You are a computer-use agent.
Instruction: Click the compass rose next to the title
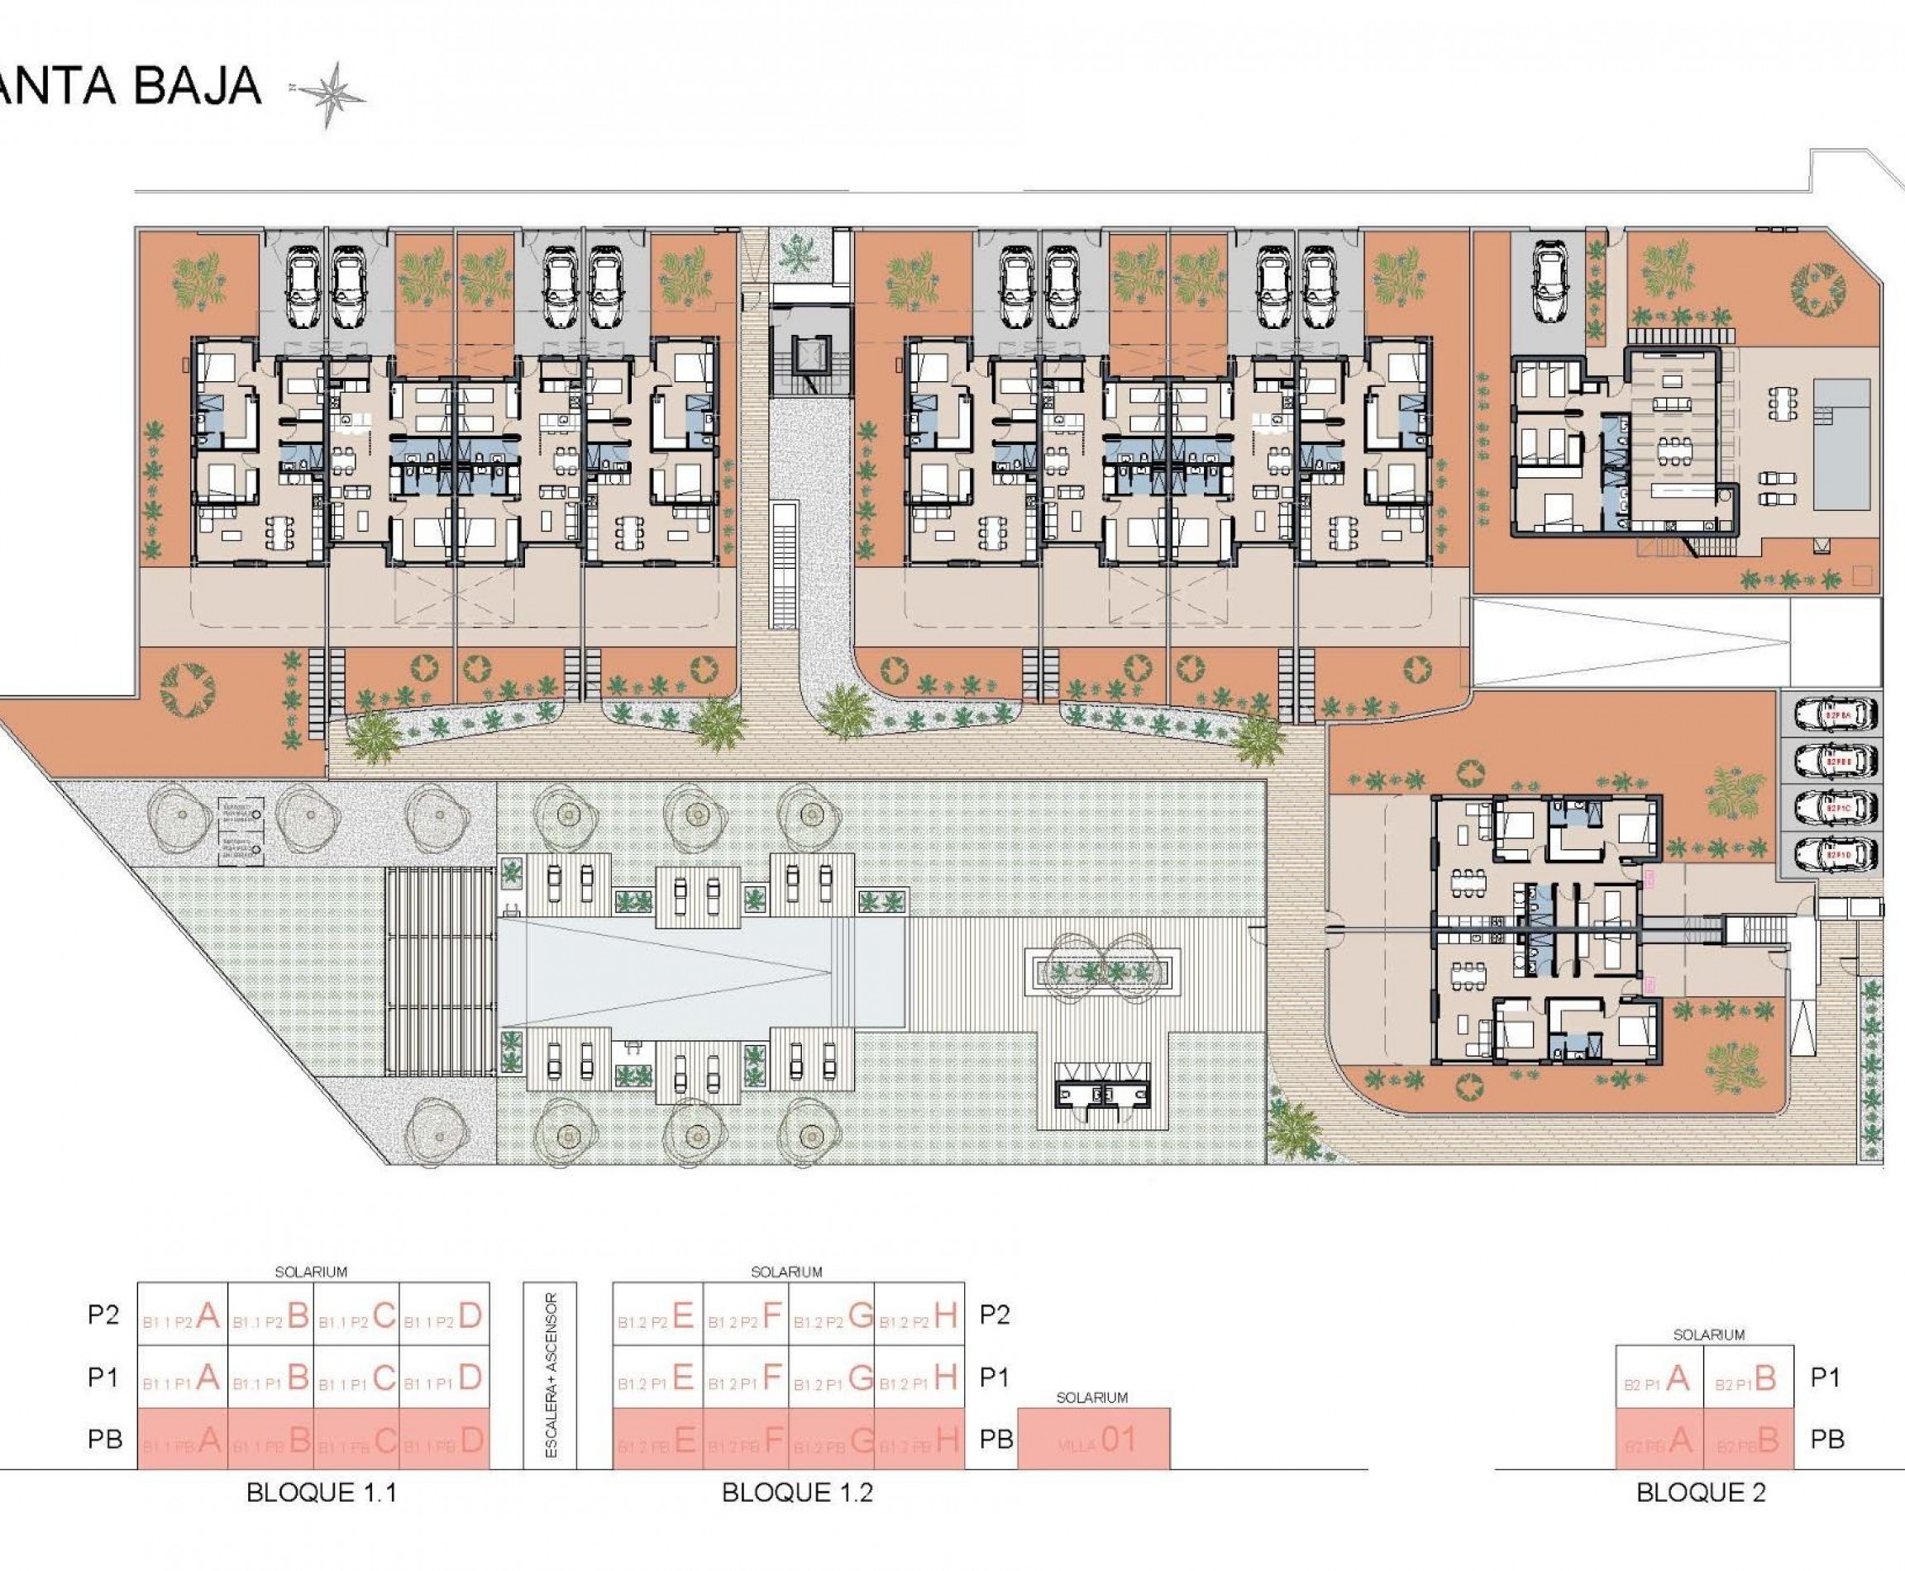[x=332, y=93]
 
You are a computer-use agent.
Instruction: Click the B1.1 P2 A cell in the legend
[x=182, y=1316]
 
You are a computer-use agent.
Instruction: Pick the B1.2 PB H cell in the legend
[x=920, y=1440]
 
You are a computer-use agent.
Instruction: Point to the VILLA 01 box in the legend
[x=1093, y=1440]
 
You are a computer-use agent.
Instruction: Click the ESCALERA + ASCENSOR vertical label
[x=550, y=1376]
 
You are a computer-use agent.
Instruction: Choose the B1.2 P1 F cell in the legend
[x=746, y=1378]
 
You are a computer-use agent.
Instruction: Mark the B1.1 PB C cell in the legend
[x=357, y=1440]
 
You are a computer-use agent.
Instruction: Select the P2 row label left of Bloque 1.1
[x=103, y=1314]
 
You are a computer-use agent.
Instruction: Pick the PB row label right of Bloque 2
[x=1827, y=1439]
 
